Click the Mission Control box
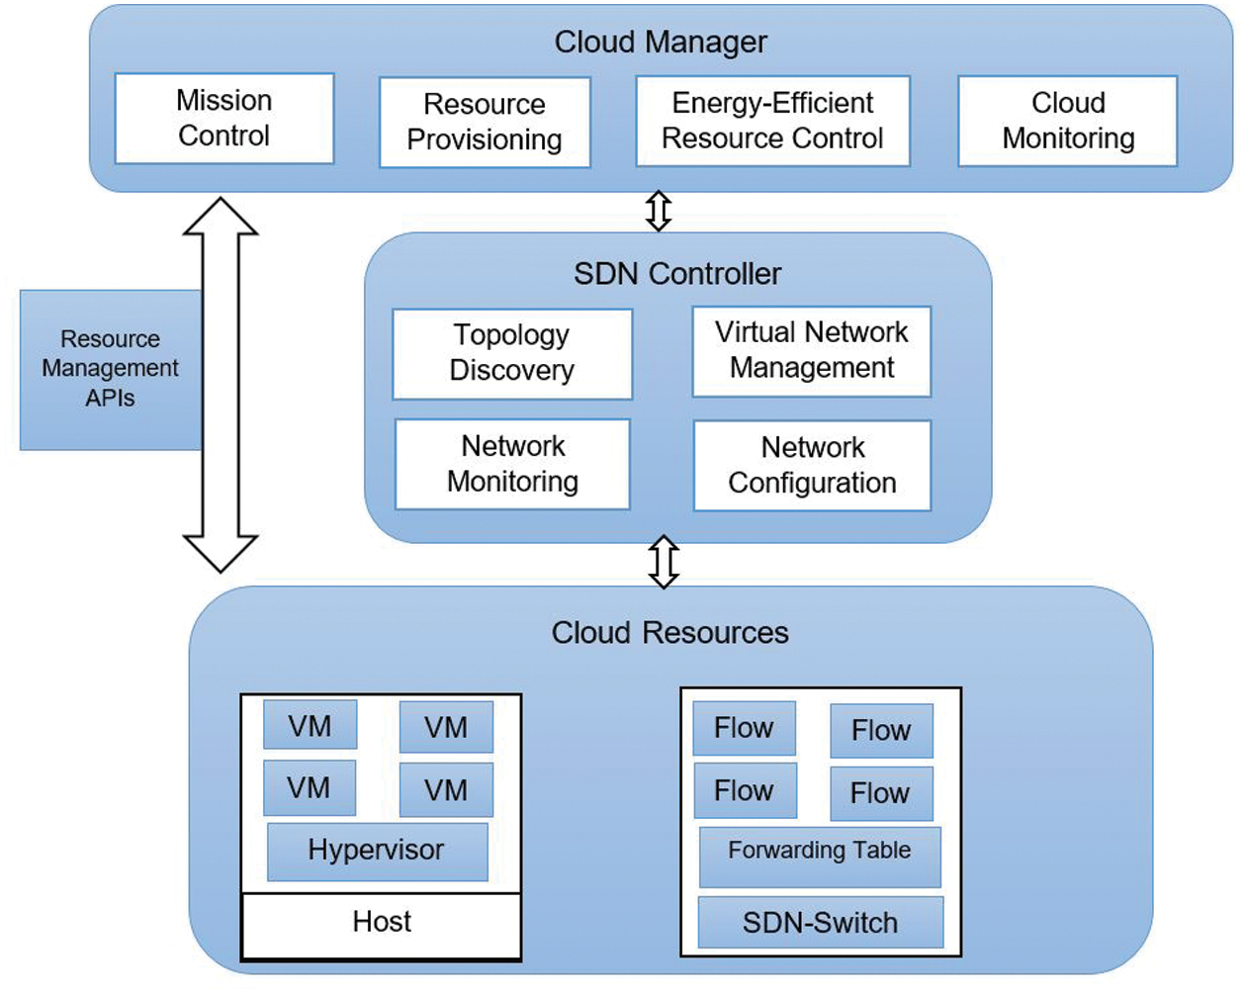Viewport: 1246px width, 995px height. pyautogui.click(x=224, y=119)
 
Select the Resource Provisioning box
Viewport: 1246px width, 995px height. pyautogui.click(x=485, y=123)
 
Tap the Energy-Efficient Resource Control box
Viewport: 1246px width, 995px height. pyautogui.click(x=772, y=121)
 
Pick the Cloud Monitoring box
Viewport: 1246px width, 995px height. pyautogui.click(x=1068, y=121)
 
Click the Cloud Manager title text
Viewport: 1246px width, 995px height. pyautogui.click(x=661, y=43)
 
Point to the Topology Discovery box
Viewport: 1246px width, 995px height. pyautogui.click(x=512, y=354)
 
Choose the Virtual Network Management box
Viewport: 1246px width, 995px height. pyautogui.click(x=812, y=351)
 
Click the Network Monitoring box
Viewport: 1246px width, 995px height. pyautogui.click(x=512, y=465)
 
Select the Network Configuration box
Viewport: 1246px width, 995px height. pyautogui.click(x=812, y=466)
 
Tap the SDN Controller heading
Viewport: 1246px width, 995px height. pyautogui.click(x=677, y=274)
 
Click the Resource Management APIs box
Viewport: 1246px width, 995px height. pyautogui.click(x=110, y=370)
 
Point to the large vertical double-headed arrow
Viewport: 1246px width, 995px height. pyautogui.click(x=221, y=385)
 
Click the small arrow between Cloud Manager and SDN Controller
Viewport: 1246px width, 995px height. pyautogui.click(x=659, y=211)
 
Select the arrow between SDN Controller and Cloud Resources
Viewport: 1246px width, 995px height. pyautogui.click(x=664, y=563)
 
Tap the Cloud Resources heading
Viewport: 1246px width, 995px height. pyautogui.click(x=669, y=633)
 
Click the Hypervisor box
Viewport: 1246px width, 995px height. pyautogui.click(x=377, y=852)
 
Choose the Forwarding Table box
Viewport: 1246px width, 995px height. pyautogui.click(x=820, y=857)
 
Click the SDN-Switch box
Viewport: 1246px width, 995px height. pyautogui.click(x=821, y=923)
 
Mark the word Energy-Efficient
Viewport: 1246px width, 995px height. pyautogui.click(x=772, y=103)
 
